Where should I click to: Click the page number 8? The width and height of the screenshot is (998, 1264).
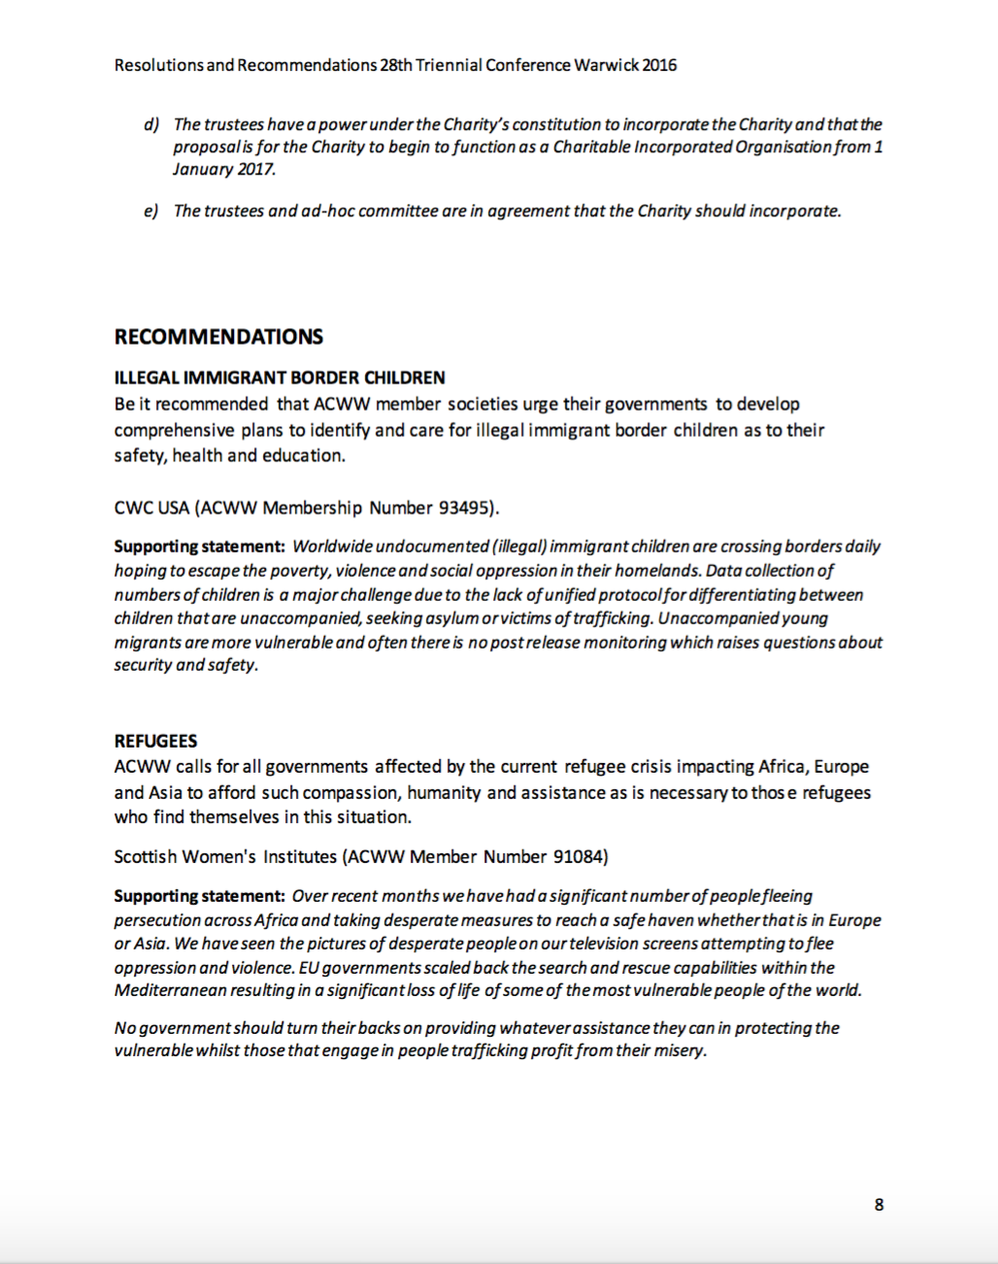click(879, 1205)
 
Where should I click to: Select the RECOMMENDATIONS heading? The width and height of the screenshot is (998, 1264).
click(218, 337)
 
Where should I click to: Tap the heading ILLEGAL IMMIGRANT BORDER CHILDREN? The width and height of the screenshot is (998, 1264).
click(280, 378)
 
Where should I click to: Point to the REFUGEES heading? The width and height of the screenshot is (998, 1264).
click(155, 741)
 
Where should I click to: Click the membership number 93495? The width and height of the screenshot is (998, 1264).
click(465, 508)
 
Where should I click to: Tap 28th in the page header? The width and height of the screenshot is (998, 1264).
click(396, 65)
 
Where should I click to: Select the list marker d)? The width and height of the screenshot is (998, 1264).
click(151, 124)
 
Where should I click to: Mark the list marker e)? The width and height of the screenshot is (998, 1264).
click(151, 211)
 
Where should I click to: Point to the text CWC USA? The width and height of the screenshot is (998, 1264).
click(151, 508)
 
